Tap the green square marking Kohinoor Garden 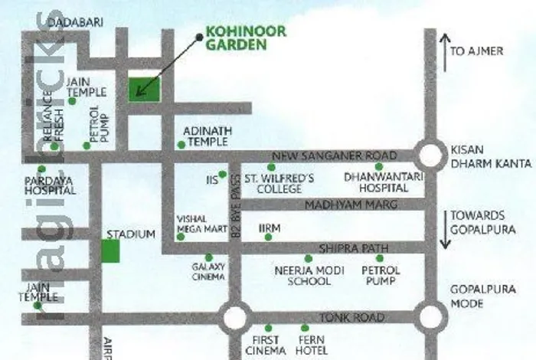pos(145,88)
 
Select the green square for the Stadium pos(111,251)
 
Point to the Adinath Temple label pos(207,137)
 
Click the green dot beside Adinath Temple pos(181,145)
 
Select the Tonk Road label pos(341,317)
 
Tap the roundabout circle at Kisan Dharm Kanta pos(430,155)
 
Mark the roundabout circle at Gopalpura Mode pos(430,316)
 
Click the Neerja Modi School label pos(302,276)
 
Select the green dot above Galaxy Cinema pos(208,258)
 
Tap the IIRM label pos(270,228)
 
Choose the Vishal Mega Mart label pos(193,222)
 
